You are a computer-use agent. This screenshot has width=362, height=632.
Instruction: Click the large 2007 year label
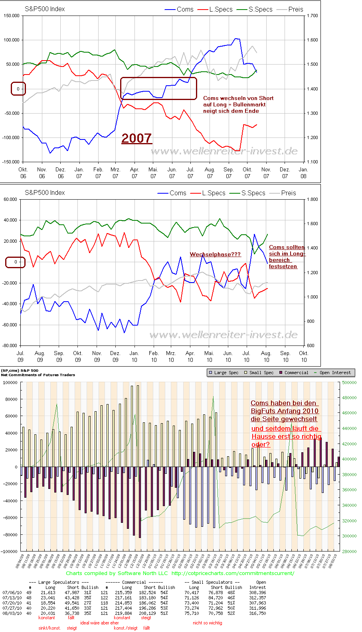point(136,138)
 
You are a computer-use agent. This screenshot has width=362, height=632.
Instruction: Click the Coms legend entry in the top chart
point(185,9)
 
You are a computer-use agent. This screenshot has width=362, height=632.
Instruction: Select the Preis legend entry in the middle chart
point(288,193)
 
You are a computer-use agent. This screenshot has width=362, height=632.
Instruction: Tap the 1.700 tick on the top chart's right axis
point(312,16)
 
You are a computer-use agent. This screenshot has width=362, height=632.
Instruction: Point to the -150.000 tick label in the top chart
point(11,162)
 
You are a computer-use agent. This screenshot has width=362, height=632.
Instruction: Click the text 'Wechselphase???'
point(215,254)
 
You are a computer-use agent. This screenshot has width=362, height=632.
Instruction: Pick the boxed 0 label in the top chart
point(18,89)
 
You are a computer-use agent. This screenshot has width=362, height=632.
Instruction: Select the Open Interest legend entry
point(335,373)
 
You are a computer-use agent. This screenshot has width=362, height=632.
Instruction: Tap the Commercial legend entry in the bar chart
point(296,373)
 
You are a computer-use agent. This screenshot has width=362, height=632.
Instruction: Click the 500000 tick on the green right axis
point(349,383)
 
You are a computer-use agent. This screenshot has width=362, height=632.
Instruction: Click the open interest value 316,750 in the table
point(257,613)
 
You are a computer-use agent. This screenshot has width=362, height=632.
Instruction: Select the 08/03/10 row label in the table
point(12,613)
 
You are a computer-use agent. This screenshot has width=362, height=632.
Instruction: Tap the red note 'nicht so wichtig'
point(207,622)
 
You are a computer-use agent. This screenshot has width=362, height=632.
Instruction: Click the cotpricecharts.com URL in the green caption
point(233,573)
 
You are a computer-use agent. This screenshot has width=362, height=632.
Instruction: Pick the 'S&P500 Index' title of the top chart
point(45,9)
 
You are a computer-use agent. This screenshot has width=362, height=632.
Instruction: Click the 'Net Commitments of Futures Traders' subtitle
point(38,375)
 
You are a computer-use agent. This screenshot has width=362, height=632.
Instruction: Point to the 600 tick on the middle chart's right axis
point(310,345)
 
